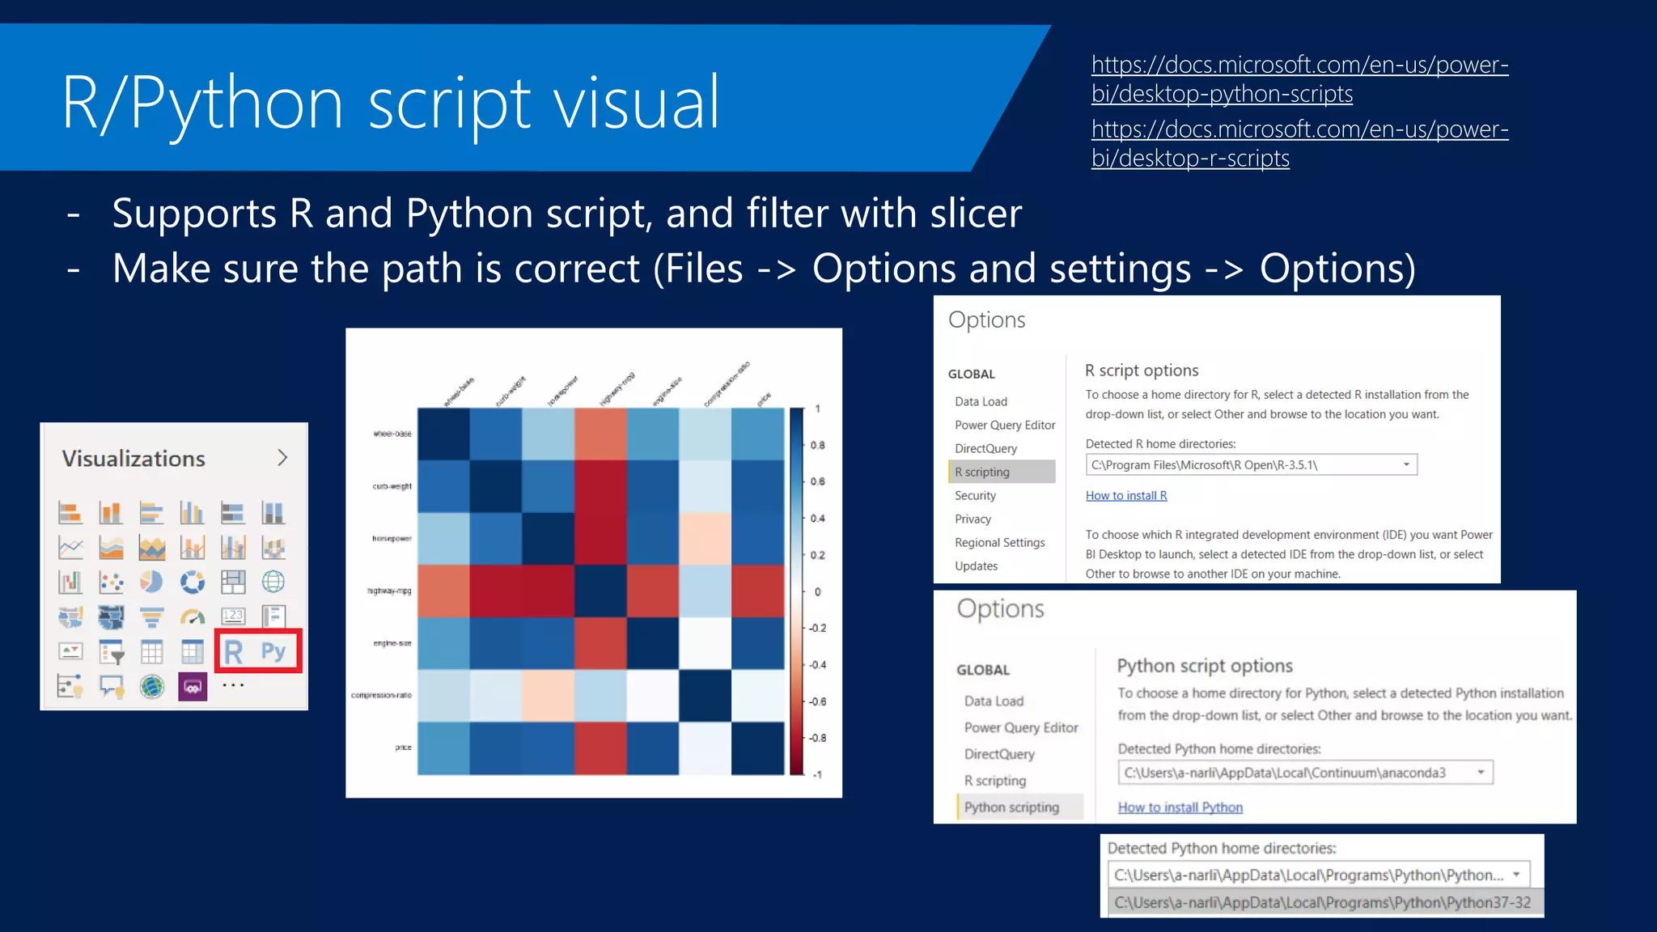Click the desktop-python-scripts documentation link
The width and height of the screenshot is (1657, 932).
[1299, 79]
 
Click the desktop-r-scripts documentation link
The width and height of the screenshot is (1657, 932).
[1299, 144]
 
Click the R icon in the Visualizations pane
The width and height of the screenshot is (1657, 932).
[234, 652]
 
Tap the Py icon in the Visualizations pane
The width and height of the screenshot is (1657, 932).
[273, 651]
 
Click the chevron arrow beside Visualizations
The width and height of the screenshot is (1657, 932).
[282, 458]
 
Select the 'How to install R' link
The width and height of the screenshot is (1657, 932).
[1125, 495]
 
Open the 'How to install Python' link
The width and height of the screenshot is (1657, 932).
[1180, 807]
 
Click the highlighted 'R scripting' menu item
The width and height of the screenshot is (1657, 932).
[982, 472]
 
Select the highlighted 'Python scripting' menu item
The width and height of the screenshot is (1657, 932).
[1011, 807]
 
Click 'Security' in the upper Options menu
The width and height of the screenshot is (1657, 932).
[975, 495]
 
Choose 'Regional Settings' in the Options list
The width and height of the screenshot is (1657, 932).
[999, 542]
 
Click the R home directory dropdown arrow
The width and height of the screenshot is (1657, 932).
[1406, 464]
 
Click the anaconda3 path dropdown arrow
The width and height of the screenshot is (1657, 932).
[1481, 772]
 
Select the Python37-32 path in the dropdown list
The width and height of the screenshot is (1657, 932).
[1322, 902]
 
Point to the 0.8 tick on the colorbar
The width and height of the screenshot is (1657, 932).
[817, 445]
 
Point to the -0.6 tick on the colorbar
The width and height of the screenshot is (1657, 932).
[817, 701]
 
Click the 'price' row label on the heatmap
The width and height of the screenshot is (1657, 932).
[403, 748]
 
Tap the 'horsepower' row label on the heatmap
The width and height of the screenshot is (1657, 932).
[392, 538]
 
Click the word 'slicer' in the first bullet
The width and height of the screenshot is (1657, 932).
[976, 214]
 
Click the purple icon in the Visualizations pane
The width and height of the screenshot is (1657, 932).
[193, 687]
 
